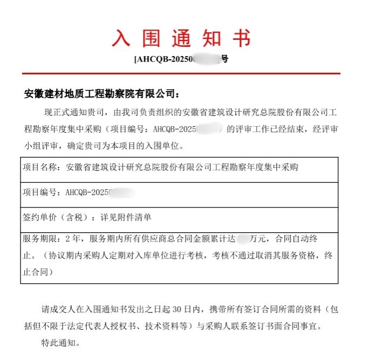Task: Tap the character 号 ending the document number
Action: tap(225, 59)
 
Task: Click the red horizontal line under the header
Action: tap(181, 73)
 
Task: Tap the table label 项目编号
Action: tap(41, 192)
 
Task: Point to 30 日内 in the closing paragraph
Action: tap(187, 310)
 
